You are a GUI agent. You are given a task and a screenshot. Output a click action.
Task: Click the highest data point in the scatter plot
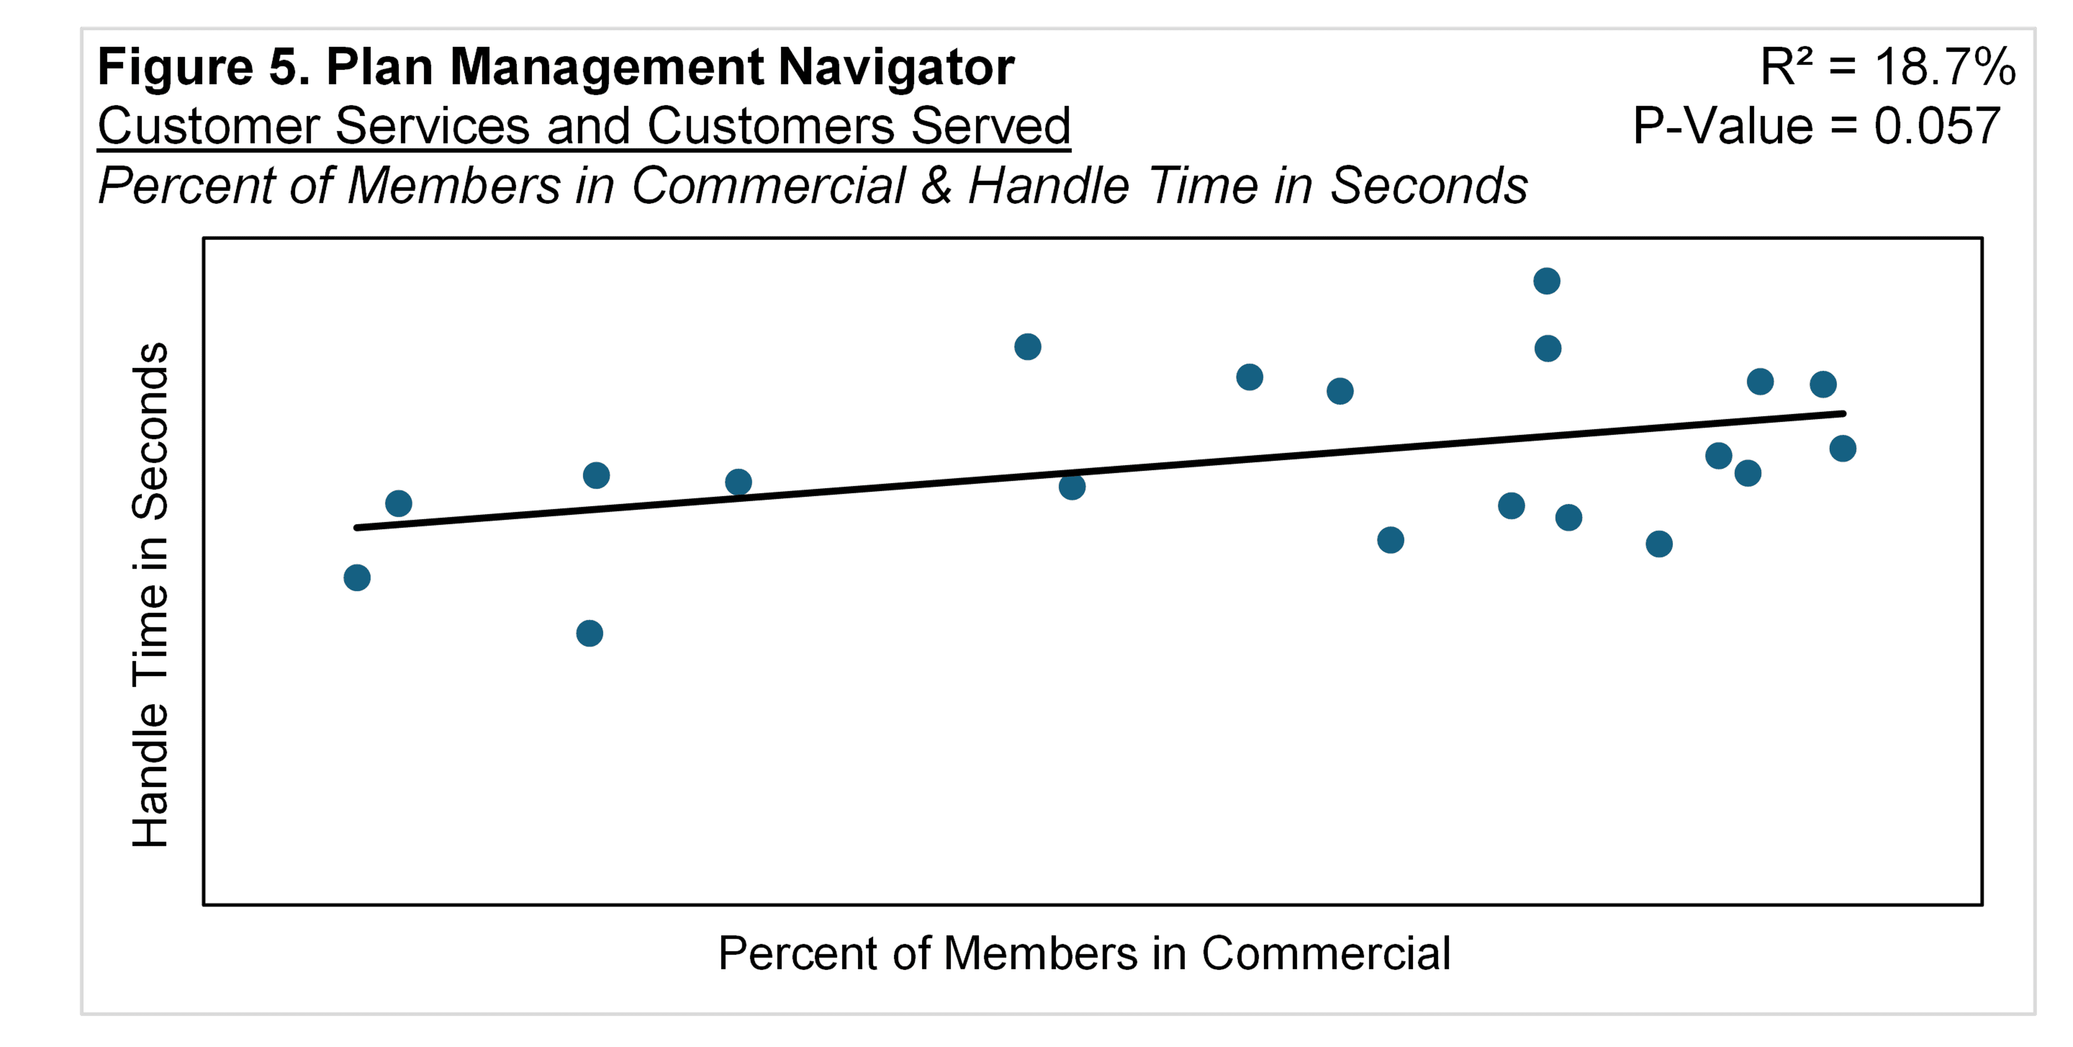click(x=1546, y=281)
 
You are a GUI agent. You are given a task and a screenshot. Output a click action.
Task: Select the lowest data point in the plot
click(x=589, y=633)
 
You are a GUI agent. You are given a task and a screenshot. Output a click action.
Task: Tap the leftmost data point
click(x=357, y=577)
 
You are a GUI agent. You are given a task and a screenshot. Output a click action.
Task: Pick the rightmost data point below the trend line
click(x=1842, y=448)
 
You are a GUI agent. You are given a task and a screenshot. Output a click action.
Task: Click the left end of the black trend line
click(x=357, y=528)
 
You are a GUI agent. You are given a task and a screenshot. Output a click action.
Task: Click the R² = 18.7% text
click(x=1887, y=67)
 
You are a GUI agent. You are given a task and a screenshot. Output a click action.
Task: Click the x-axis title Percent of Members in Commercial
click(x=1084, y=954)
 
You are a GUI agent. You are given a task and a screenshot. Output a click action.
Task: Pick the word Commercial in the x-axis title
click(x=1325, y=954)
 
